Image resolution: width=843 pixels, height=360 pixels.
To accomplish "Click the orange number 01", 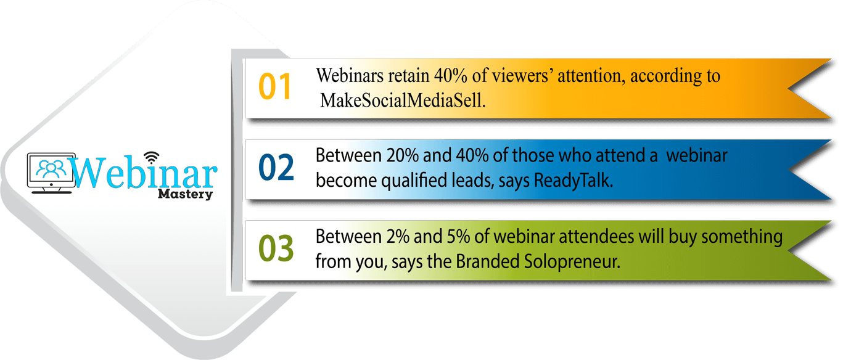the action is click(x=274, y=86).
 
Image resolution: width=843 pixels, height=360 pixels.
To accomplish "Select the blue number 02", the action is click(x=276, y=167).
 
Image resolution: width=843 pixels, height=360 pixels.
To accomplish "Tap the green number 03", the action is click(x=276, y=248).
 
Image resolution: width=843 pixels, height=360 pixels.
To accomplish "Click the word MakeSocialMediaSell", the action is click(x=403, y=100).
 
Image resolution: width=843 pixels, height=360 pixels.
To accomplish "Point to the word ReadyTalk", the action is click(x=574, y=180).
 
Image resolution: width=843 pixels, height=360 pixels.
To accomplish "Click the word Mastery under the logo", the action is click(x=185, y=194).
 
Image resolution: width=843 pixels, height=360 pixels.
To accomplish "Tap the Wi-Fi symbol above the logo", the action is click(x=151, y=158).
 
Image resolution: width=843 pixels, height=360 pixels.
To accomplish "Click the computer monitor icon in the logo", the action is click(x=51, y=173).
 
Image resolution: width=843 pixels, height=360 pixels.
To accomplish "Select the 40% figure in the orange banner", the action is click(x=450, y=76).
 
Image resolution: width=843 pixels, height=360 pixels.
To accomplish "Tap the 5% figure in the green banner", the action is click(x=458, y=237).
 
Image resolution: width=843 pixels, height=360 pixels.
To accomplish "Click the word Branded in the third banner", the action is click(x=488, y=262).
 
